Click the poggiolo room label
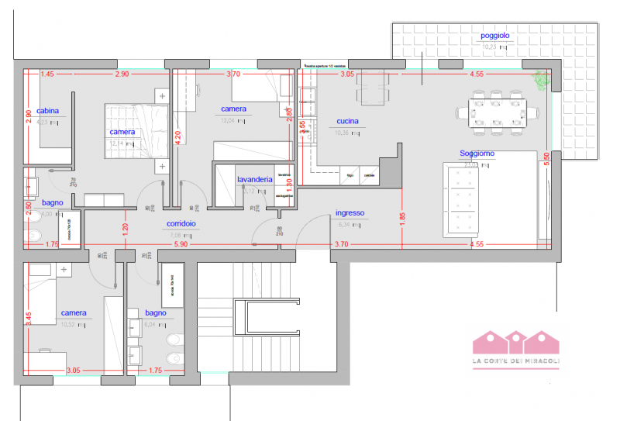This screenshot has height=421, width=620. (x=494, y=36)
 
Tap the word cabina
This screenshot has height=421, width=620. (x=48, y=111)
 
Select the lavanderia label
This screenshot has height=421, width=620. (x=254, y=179)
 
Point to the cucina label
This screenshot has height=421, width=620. (x=346, y=122)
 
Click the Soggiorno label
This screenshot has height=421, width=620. (x=476, y=154)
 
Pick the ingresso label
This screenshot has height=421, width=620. (x=350, y=213)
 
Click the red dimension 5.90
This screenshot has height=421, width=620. (x=181, y=245)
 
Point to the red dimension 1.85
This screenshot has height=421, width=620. (x=402, y=219)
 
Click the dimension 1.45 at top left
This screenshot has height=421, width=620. (x=48, y=74)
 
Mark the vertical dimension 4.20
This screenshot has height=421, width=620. (x=178, y=138)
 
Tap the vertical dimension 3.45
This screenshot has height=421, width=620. (x=28, y=318)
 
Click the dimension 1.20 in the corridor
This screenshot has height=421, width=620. (x=124, y=229)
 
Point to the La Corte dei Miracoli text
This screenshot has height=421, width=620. (x=515, y=363)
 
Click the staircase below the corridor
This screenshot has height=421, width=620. (x=248, y=318)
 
